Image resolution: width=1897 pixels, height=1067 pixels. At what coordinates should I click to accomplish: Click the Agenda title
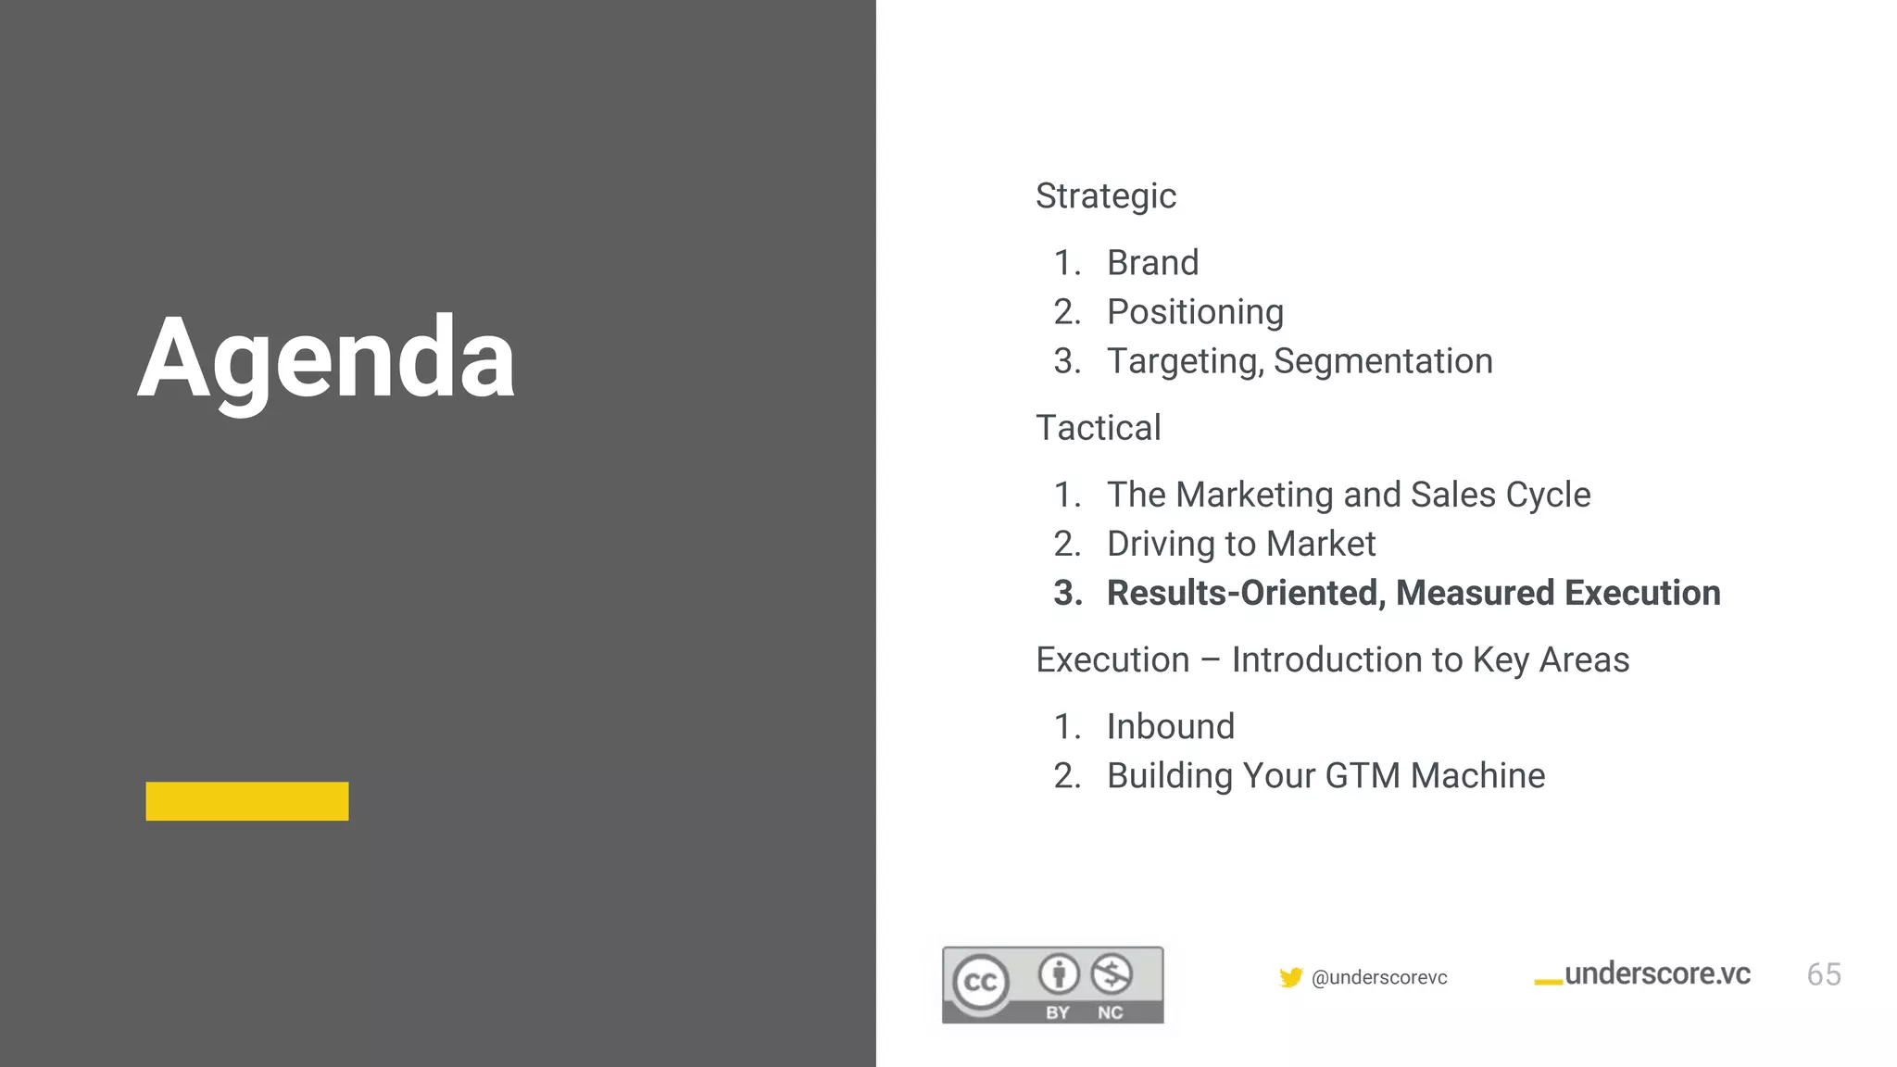(x=326, y=358)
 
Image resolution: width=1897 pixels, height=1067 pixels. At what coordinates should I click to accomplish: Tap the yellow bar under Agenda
(x=247, y=801)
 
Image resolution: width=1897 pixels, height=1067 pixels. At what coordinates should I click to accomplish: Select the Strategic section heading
(x=1105, y=196)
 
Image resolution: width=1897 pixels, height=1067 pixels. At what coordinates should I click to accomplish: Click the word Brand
(x=1152, y=263)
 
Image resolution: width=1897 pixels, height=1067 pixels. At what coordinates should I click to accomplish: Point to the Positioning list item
(x=1195, y=312)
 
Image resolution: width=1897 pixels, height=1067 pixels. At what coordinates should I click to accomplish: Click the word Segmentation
(x=1383, y=361)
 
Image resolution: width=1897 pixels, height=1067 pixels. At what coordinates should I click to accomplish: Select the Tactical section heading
(x=1098, y=428)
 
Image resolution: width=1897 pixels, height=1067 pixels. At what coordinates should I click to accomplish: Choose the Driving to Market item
(x=1241, y=544)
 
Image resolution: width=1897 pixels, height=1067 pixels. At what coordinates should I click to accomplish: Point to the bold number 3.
(x=1067, y=593)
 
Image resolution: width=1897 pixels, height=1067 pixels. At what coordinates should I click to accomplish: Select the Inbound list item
(x=1171, y=727)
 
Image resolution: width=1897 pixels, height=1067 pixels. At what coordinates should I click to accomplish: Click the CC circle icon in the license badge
(x=981, y=983)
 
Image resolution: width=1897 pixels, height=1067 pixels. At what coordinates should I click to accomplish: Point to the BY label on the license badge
(x=1058, y=1012)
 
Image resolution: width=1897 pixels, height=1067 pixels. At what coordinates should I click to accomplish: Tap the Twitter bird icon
(x=1290, y=977)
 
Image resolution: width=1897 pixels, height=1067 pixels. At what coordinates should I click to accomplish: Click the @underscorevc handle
(x=1379, y=978)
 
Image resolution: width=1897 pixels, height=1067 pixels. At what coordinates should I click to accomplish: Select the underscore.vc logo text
(x=1657, y=974)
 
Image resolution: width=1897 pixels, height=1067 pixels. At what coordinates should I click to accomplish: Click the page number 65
(x=1823, y=974)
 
